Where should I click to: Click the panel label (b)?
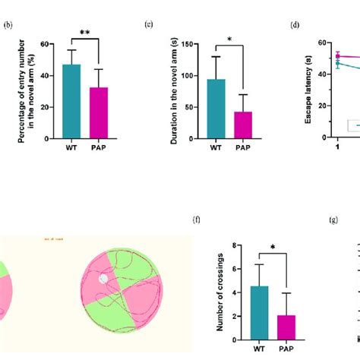(8, 24)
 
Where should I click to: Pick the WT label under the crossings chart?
(259, 348)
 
